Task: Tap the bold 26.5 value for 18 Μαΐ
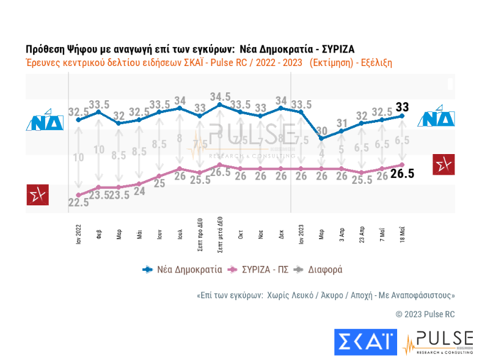(403, 174)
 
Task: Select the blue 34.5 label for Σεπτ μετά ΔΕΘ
(220, 97)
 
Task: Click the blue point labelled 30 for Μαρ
(321, 138)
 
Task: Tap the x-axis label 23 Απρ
(362, 233)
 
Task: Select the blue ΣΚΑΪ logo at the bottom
(365, 342)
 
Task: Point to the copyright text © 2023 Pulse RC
(425, 314)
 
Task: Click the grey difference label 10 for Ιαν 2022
(78, 158)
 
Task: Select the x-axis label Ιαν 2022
(78, 233)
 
